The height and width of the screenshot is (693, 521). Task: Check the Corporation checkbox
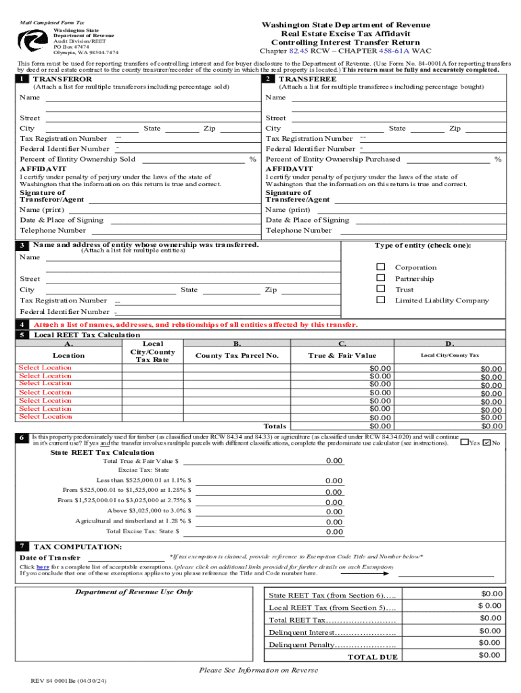381,267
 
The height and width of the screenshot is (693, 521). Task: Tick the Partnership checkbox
381,278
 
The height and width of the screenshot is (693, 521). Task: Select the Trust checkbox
381,289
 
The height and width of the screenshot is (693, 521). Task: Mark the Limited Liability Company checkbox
381,300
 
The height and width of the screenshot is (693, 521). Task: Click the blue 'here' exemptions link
42,566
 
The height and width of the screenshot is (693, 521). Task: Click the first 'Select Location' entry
45,367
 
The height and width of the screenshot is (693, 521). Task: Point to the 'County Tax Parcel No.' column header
237,355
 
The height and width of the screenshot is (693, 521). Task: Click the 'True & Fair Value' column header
342,355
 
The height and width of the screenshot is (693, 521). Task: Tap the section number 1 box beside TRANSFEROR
24,79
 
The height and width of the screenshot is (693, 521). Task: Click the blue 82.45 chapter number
298,51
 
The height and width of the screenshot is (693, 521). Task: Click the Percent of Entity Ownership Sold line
192,160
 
